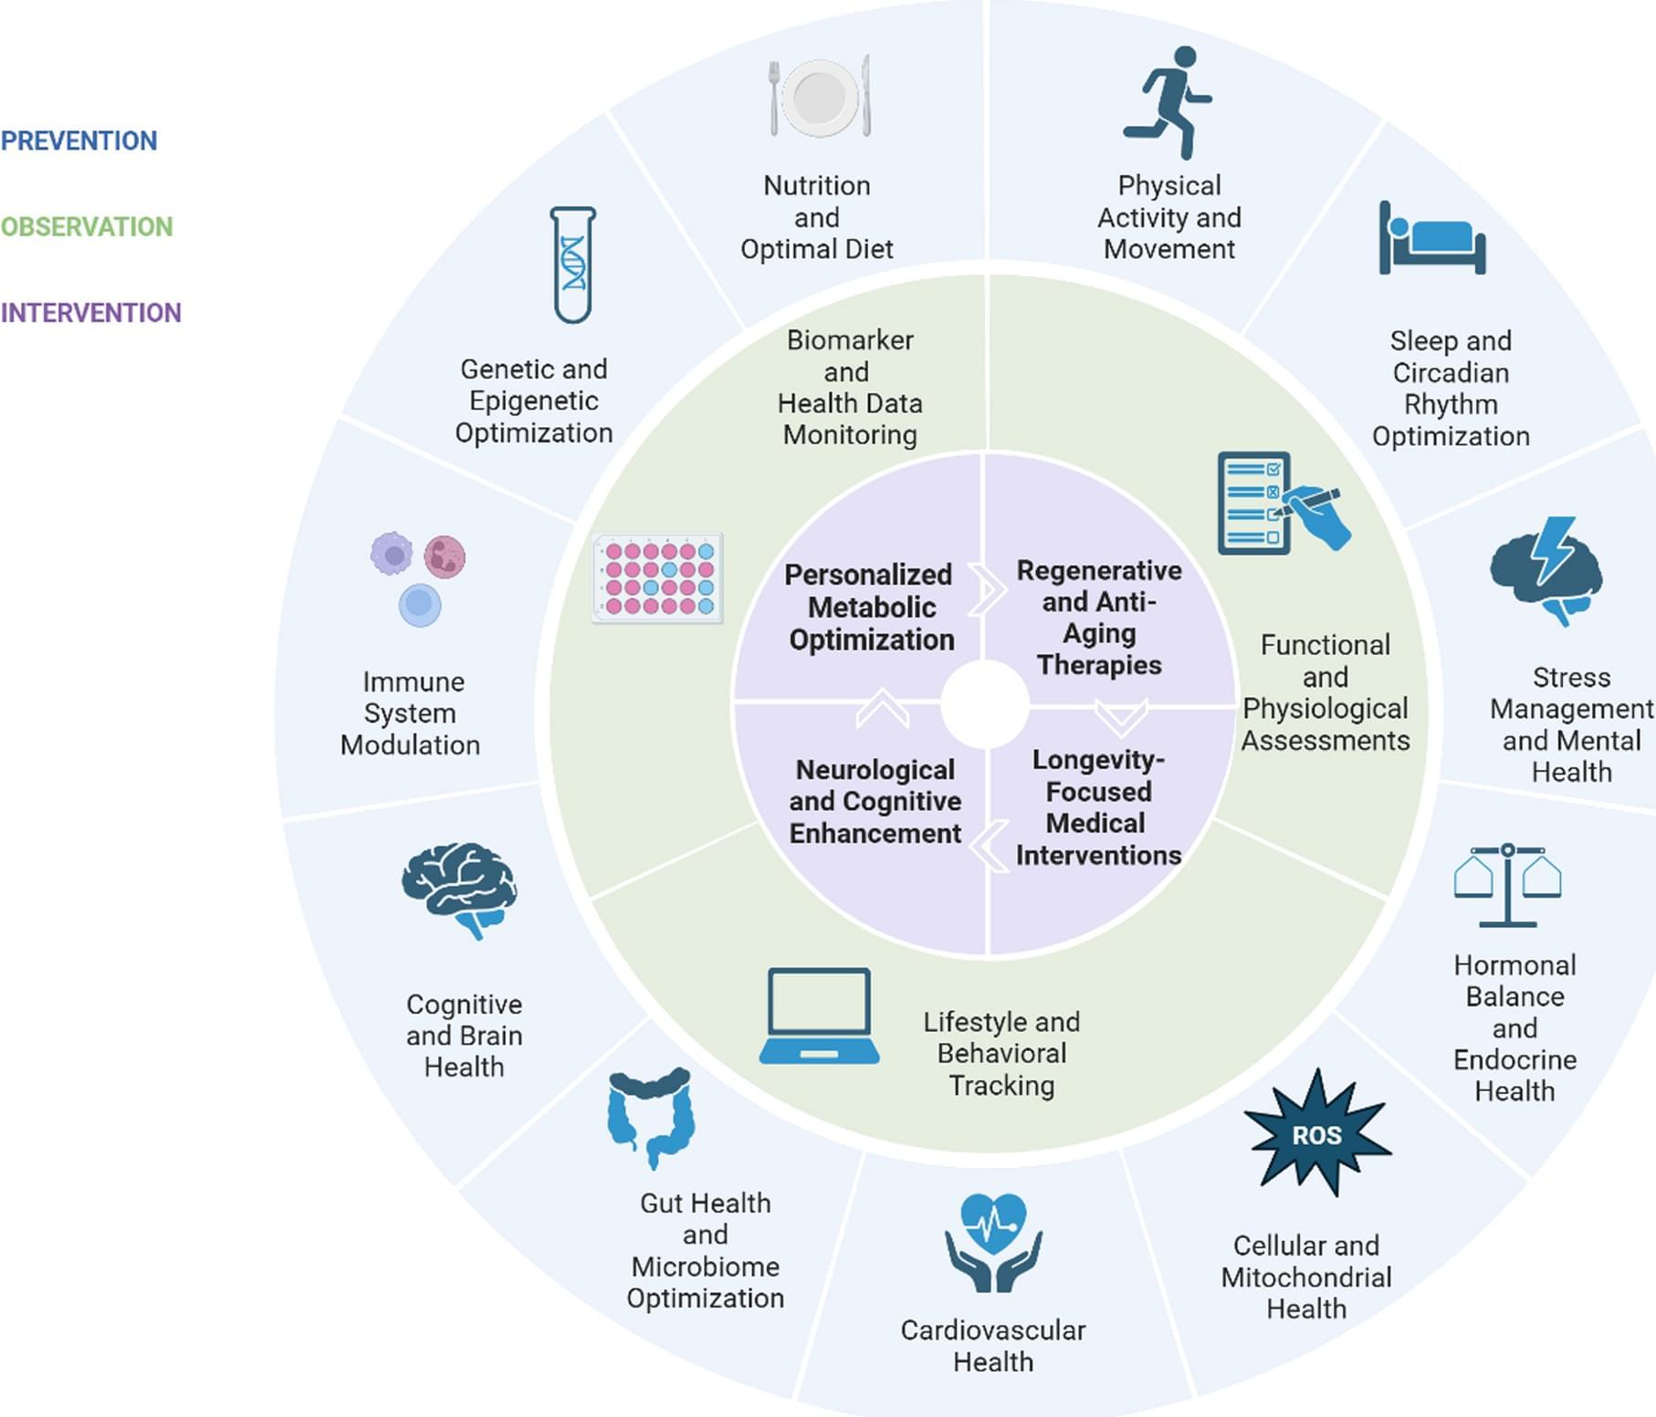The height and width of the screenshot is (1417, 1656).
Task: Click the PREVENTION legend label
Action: click(x=79, y=141)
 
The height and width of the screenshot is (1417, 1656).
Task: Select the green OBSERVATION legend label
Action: click(x=86, y=226)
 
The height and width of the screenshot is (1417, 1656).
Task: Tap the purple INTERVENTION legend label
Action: click(x=90, y=313)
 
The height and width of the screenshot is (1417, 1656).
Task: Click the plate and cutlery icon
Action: click(x=820, y=97)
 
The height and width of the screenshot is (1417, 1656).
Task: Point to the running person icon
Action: click(x=1169, y=102)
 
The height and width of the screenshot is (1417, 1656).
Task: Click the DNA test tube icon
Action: click(x=572, y=265)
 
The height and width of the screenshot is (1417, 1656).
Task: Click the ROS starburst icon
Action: click(x=1317, y=1134)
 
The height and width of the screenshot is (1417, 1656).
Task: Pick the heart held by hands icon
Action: click(x=993, y=1242)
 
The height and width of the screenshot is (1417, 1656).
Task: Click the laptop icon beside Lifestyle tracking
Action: click(x=819, y=1016)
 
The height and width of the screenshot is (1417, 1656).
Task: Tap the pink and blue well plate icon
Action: click(x=657, y=578)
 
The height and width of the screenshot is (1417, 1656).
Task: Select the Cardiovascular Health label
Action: click(x=993, y=1346)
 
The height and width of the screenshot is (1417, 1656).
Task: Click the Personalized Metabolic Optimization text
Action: click(x=870, y=607)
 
